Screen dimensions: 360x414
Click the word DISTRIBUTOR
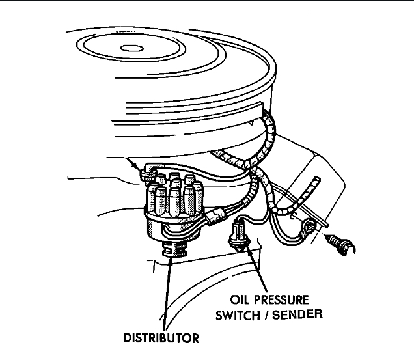[162, 339]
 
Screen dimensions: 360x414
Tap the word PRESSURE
[287, 302]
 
